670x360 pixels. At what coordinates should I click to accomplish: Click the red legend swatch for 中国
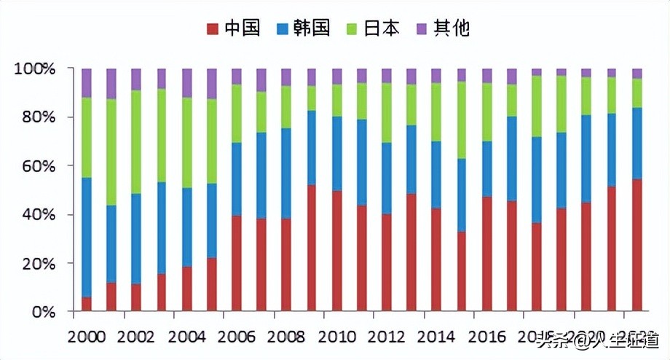(x=213, y=29)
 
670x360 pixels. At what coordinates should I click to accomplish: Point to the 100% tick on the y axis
(x=35, y=69)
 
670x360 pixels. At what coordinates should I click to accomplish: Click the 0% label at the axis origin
(x=42, y=312)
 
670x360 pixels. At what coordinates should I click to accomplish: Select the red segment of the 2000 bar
(x=87, y=304)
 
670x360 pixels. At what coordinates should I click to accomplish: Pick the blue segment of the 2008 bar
(x=286, y=173)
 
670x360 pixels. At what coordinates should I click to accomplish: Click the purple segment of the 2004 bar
(x=186, y=82)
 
